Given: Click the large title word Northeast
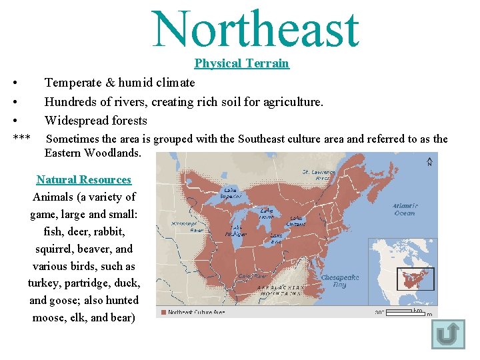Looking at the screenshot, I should [x=255, y=29].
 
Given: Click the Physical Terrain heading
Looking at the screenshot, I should [x=241, y=63].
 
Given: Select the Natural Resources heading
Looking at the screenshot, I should [x=84, y=179].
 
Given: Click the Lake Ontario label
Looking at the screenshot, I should [x=297, y=221].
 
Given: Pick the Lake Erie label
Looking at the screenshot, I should [x=277, y=239].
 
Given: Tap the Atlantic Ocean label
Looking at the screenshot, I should [x=404, y=209].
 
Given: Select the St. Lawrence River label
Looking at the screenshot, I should [x=315, y=175].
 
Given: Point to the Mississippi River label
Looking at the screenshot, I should [x=187, y=227].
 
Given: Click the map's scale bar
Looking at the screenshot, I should [x=407, y=311].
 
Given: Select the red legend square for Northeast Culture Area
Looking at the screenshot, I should [x=163, y=311].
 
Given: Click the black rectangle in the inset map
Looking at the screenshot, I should [x=415, y=278].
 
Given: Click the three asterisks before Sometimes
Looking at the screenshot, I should [x=21, y=139].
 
